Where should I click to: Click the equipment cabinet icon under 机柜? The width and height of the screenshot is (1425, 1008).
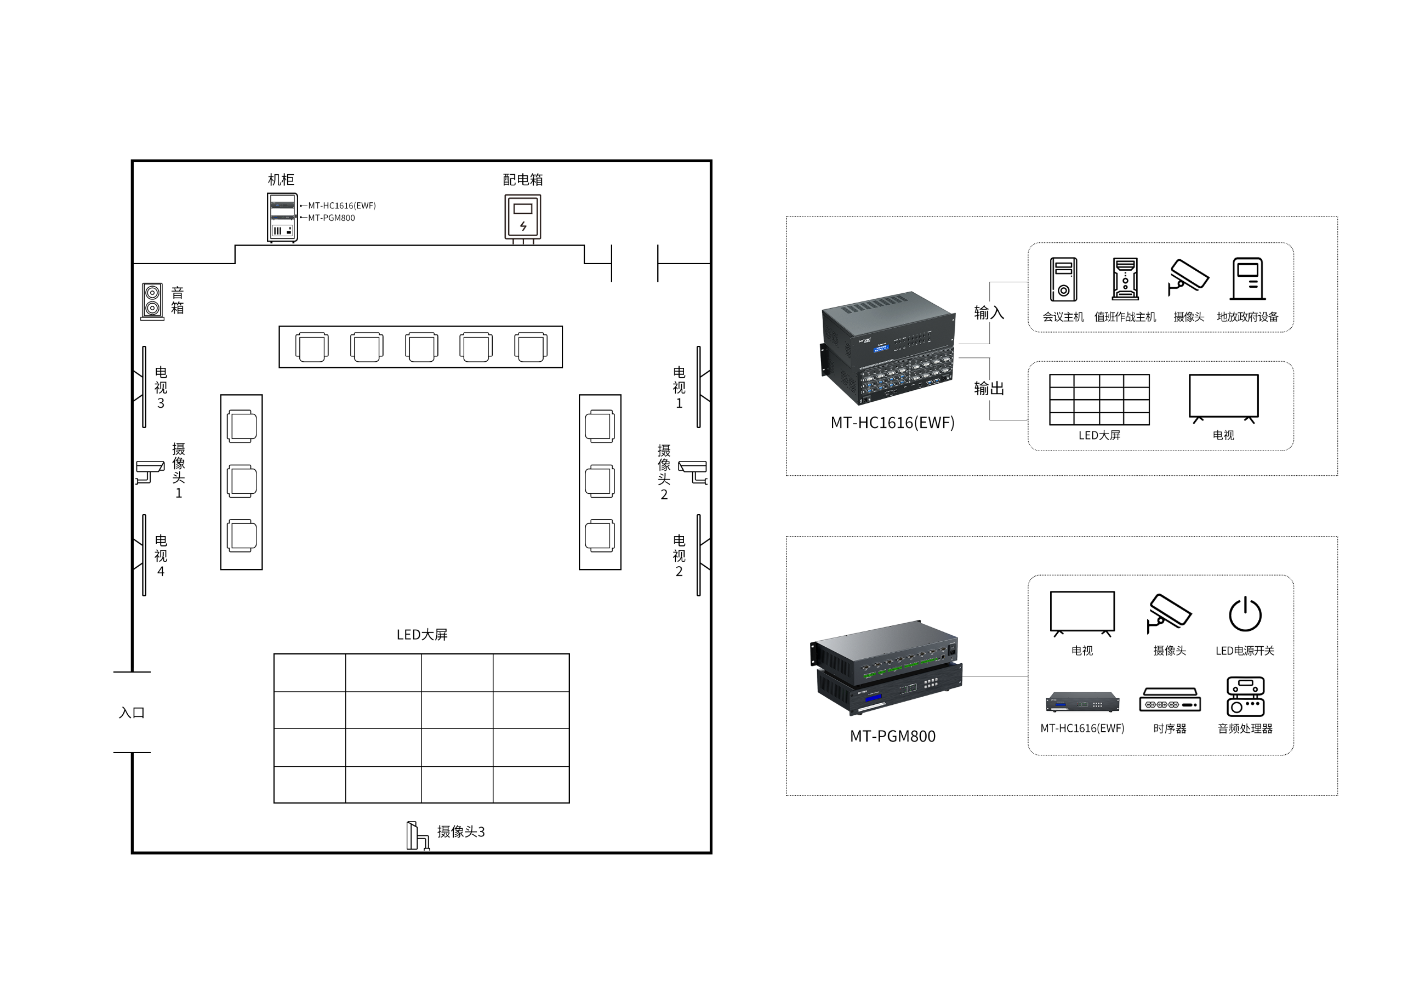(282, 217)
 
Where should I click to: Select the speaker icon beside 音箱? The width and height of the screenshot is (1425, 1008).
(152, 301)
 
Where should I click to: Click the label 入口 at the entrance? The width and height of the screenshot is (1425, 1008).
(132, 713)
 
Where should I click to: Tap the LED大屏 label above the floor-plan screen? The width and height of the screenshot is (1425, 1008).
(422, 634)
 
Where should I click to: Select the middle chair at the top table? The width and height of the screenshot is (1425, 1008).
(421, 347)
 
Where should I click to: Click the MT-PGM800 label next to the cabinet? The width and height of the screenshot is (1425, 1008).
(332, 218)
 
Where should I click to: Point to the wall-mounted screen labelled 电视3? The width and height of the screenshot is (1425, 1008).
(144, 386)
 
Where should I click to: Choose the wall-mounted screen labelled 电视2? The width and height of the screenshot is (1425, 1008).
(699, 555)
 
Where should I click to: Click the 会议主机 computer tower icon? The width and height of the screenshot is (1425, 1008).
(1063, 280)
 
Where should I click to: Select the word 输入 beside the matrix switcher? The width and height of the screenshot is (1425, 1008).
(989, 312)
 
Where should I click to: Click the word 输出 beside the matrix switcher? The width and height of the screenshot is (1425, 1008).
(989, 388)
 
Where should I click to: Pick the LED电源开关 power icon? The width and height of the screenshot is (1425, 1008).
(1245, 614)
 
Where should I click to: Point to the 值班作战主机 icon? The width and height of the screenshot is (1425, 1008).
(1125, 280)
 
